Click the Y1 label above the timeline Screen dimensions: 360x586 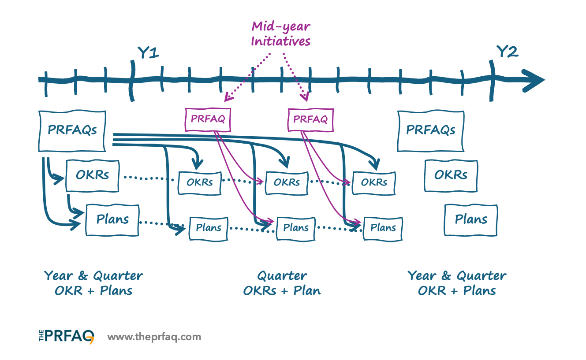coord(148,53)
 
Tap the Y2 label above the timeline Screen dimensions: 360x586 coord(507,52)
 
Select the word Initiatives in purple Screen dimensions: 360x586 coord(280,41)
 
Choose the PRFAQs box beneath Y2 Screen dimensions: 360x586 coord(431,130)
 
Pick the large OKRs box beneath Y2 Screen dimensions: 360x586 coord(451,175)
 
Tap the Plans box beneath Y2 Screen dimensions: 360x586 coord(471,219)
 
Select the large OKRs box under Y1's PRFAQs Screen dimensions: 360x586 coord(92,175)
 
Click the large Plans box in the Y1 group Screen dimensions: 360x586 coord(112,219)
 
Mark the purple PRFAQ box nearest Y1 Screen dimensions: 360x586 coord(208,119)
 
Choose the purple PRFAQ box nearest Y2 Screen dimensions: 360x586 coord(310,119)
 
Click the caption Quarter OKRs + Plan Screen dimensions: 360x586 coord(282,283)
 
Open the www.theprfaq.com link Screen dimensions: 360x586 coord(154,337)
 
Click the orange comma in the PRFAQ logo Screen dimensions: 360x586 coord(91,340)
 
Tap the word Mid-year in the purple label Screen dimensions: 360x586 coord(281,26)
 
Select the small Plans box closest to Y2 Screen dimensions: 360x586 coord(382,228)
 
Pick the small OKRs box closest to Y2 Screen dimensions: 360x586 coord(374,182)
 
